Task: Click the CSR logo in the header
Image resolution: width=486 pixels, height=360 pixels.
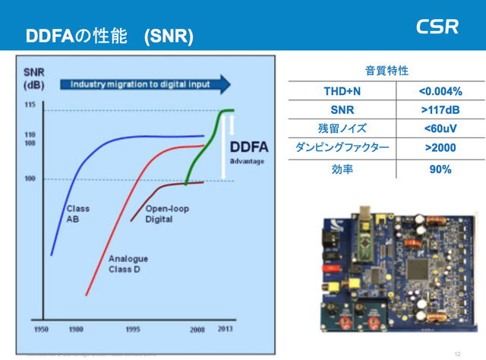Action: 437,27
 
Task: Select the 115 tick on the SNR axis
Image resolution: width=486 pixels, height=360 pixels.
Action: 30,104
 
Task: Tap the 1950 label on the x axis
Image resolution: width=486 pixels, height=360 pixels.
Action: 41,330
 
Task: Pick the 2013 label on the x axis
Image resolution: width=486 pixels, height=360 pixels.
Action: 226,330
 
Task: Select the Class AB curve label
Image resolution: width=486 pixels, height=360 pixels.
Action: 77,213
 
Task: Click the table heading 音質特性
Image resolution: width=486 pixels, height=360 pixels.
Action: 387,71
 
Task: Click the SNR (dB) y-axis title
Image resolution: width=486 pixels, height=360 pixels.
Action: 33,77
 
